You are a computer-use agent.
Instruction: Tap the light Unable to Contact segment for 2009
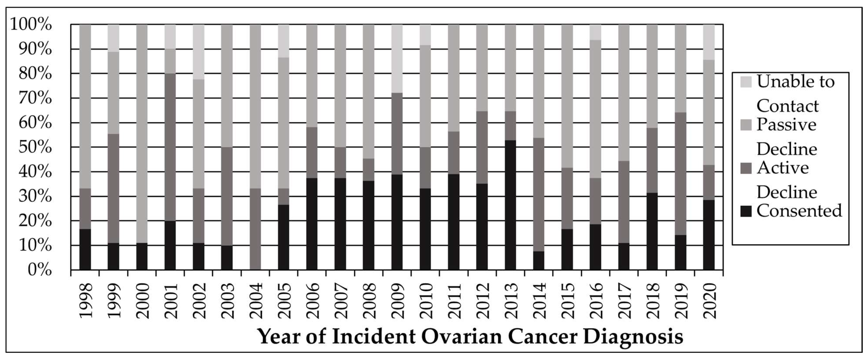397,59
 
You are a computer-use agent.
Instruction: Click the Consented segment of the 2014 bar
539,261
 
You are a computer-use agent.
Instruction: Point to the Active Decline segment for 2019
680,173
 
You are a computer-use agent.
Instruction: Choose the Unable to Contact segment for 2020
709,42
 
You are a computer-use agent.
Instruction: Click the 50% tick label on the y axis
35,147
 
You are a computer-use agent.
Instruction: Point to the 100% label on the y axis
31,25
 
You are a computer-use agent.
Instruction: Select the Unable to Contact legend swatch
746,82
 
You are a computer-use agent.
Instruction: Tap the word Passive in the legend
786,125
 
